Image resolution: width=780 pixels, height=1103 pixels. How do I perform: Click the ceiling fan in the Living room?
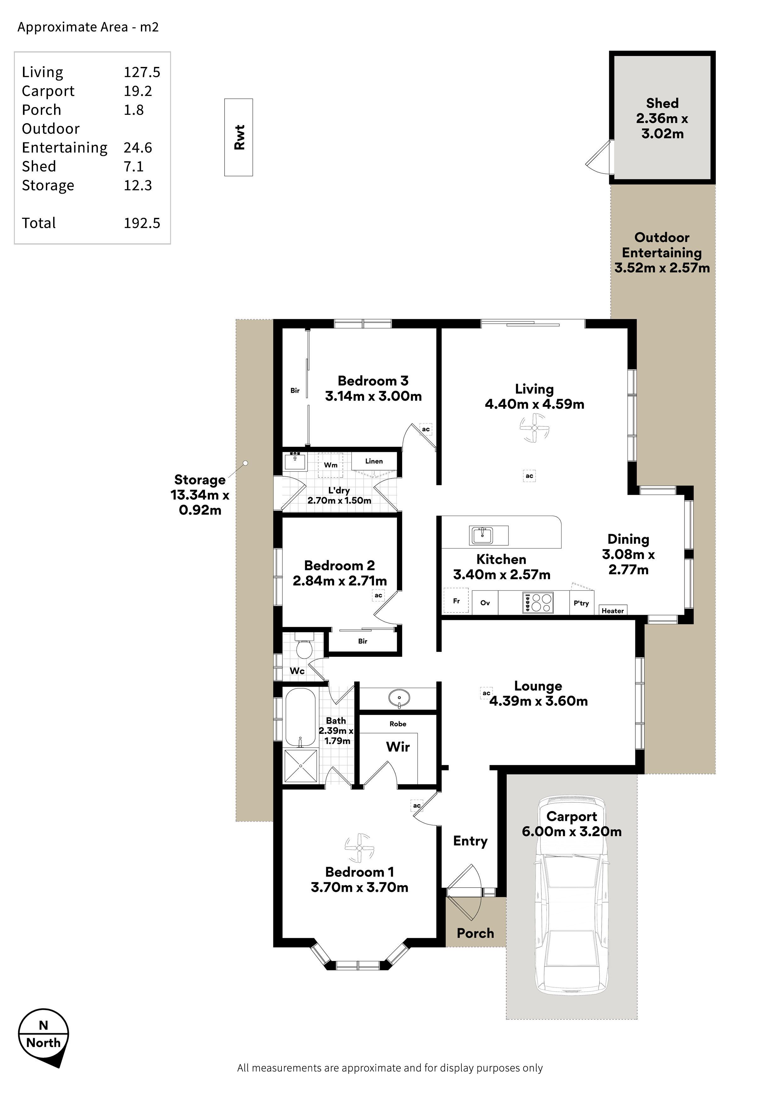point(534,428)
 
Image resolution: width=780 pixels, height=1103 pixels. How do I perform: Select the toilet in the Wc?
point(304,646)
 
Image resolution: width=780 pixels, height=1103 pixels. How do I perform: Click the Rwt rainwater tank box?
point(238,137)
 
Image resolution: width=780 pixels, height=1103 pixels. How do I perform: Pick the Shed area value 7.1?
point(134,166)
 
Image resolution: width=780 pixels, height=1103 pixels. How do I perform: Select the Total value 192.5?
point(142,223)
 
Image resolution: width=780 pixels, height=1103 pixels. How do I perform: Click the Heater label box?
point(613,610)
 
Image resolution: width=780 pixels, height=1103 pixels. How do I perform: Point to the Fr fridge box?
point(456,601)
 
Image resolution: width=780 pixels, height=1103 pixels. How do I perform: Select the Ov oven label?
point(485,603)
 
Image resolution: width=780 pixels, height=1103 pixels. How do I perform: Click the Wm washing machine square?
point(331,465)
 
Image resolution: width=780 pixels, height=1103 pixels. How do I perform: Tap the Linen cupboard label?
point(374,461)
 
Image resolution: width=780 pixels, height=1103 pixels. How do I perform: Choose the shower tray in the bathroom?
point(301,765)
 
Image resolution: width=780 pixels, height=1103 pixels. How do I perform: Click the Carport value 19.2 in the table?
point(138,91)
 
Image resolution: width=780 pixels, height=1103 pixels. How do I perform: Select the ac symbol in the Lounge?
point(486,693)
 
